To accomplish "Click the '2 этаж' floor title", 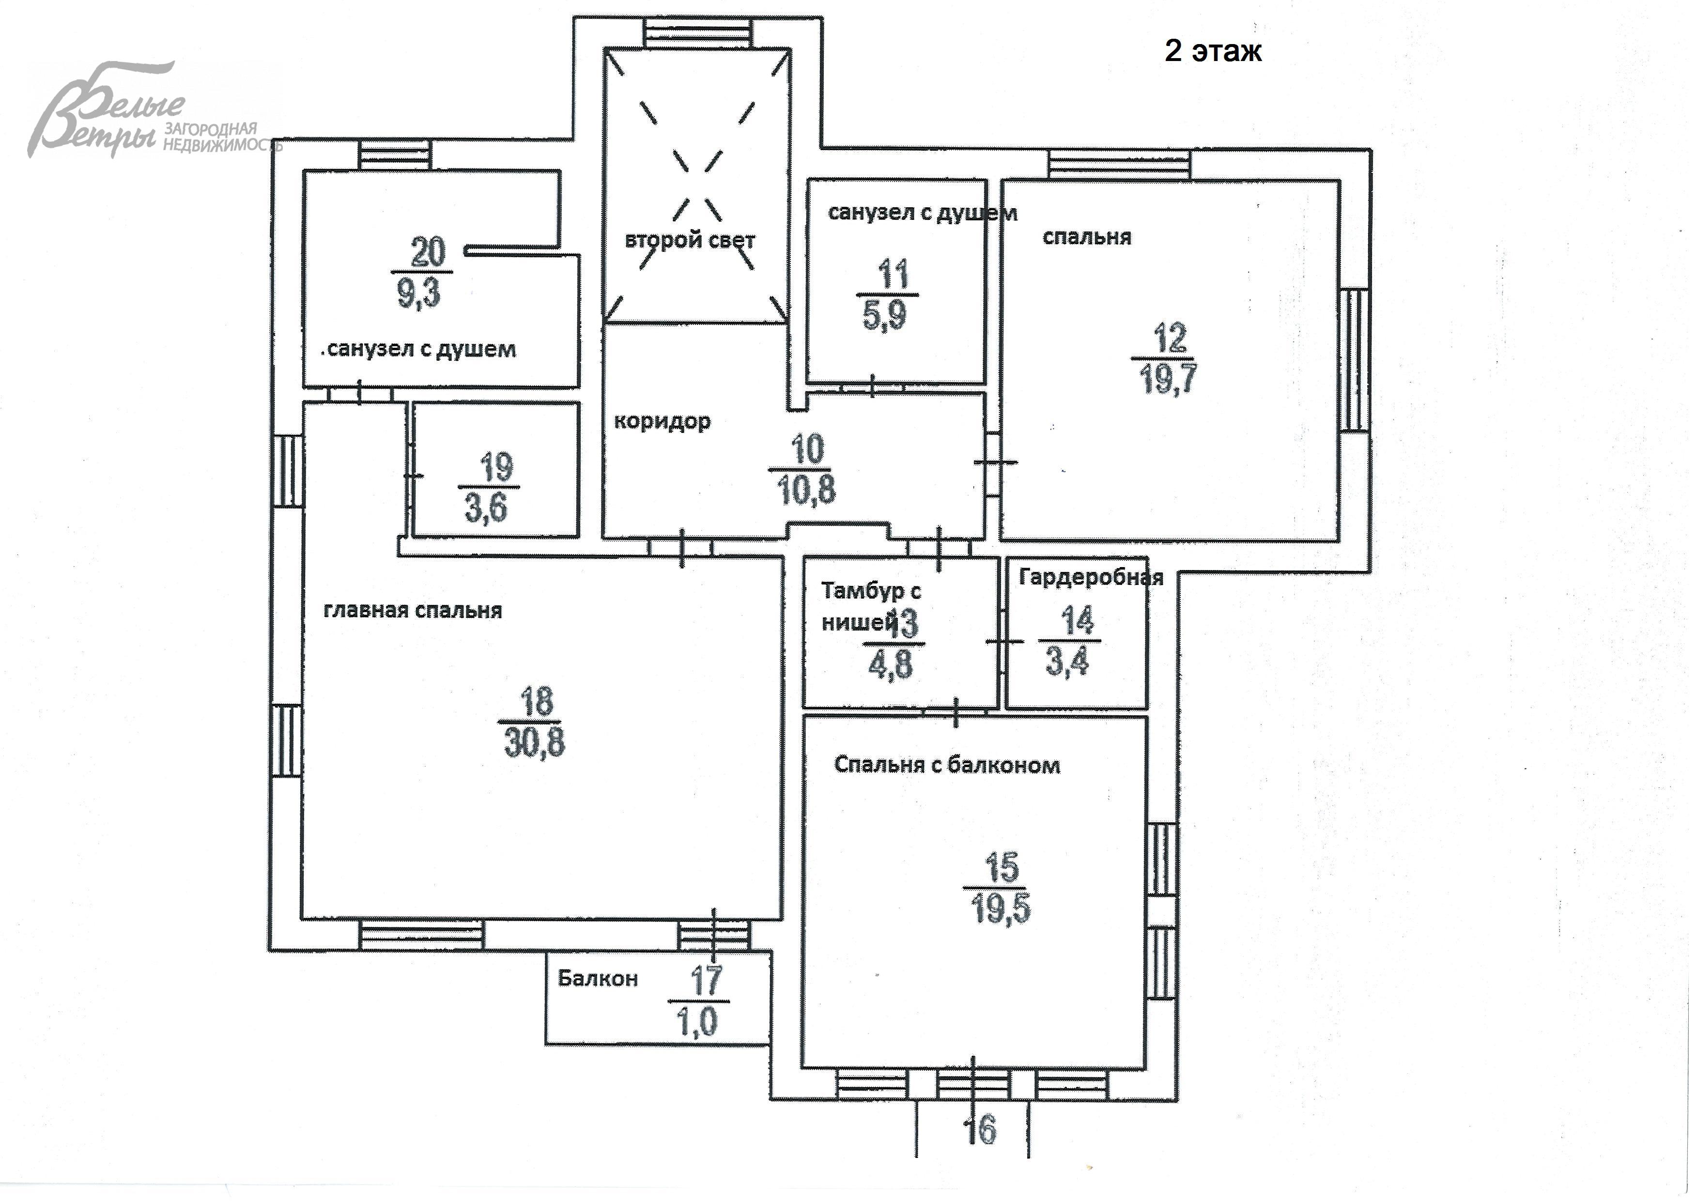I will [x=1213, y=50].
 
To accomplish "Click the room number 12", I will [x=1170, y=338].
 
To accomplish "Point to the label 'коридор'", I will [x=662, y=421].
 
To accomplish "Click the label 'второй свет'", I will [x=690, y=240].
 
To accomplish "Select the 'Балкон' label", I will [x=598, y=978].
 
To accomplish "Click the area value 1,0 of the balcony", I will [x=696, y=1022].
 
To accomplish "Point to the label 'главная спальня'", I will [x=413, y=610].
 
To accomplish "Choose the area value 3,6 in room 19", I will [x=486, y=508].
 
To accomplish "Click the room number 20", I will [x=427, y=252].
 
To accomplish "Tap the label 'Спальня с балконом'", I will [x=946, y=765].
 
